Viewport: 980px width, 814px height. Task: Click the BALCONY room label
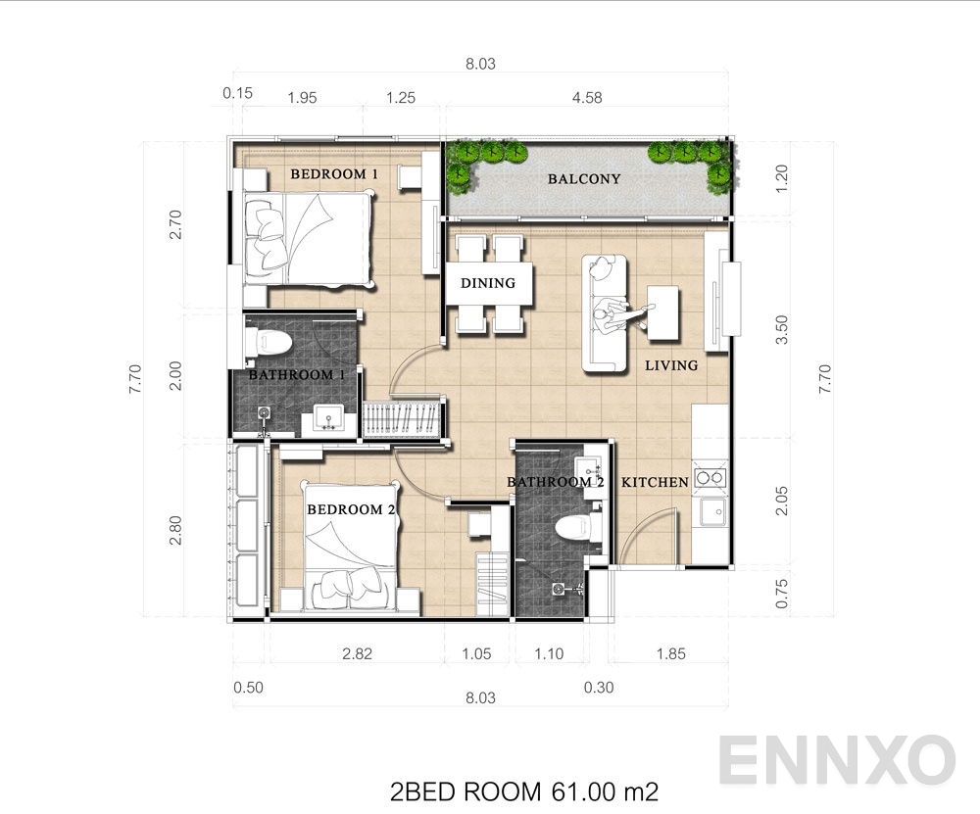584,179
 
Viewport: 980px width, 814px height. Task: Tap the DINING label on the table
488,283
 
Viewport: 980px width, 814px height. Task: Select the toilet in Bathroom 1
271,344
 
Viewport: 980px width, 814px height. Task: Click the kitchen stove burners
710,478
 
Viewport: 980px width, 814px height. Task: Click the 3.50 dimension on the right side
781,328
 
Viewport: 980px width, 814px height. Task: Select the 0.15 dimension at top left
237,93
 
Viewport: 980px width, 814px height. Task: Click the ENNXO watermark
837,760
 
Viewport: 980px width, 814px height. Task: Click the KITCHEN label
655,482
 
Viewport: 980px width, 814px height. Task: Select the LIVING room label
671,365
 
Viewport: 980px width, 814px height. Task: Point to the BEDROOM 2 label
352,509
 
